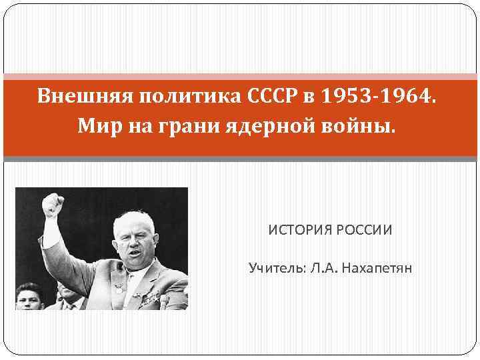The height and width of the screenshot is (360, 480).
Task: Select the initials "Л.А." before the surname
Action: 325,269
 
